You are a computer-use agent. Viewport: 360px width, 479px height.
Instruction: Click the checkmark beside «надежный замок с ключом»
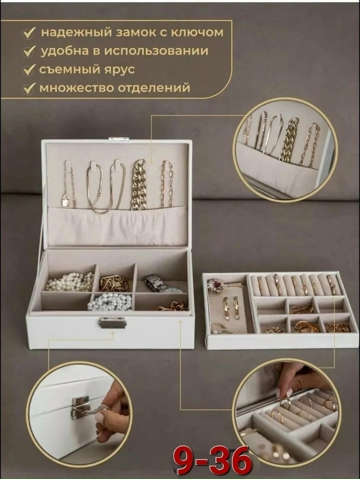(x=29, y=33)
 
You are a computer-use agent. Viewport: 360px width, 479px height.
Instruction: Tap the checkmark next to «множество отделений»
(x=29, y=89)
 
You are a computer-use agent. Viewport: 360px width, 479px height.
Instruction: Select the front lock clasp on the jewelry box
(x=112, y=322)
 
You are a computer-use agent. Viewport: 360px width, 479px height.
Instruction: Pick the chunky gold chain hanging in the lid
(x=138, y=186)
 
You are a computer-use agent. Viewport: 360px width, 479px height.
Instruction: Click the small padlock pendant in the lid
(x=66, y=200)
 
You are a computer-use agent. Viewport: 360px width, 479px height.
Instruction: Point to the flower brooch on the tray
(x=216, y=286)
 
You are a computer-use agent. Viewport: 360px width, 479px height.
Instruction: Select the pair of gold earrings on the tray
(x=231, y=308)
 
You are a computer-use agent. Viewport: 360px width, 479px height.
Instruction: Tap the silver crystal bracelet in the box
(x=110, y=302)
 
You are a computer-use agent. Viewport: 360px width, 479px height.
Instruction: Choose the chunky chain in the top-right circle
(x=289, y=139)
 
